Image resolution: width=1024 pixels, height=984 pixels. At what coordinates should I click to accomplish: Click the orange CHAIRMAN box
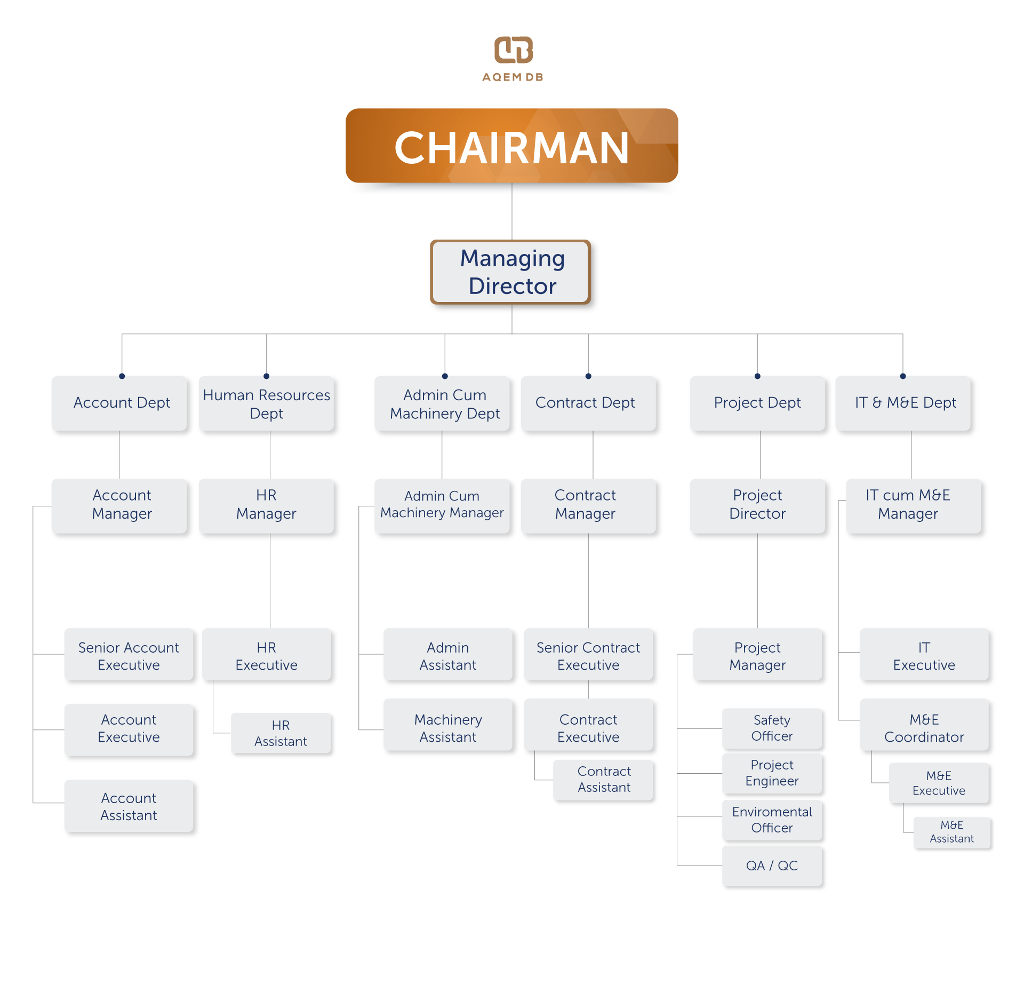click(512, 146)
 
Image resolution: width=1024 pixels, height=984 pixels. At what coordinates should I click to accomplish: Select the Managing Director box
click(510, 272)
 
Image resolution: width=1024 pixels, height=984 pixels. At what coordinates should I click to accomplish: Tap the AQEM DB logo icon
click(513, 50)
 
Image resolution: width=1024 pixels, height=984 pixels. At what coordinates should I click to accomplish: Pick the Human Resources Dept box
click(267, 403)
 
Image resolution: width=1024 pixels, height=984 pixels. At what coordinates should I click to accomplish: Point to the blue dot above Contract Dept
click(588, 376)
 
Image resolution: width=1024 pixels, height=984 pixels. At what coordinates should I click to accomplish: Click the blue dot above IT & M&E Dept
click(903, 376)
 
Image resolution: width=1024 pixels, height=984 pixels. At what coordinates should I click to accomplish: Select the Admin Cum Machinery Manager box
click(442, 506)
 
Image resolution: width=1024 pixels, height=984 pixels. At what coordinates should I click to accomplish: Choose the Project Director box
click(757, 506)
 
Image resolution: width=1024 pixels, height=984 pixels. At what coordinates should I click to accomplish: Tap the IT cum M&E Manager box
click(914, 506)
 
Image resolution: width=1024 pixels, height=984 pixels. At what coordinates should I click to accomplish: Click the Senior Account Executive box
click(129, 655)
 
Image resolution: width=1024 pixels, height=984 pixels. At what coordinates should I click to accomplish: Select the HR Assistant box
click(281, 733)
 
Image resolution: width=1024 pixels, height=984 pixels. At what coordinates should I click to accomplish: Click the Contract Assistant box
click(604, 780)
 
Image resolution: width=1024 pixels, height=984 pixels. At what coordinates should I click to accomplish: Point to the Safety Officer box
click(772, 728)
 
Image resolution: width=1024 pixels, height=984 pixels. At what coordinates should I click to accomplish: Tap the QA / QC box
click(772, 866)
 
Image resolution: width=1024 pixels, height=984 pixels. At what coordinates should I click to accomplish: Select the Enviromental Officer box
click(772, 820)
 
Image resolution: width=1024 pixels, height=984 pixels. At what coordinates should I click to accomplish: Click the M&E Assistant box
click(952, 832)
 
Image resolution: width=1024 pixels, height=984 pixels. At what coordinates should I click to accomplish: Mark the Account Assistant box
click(129, 806)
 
